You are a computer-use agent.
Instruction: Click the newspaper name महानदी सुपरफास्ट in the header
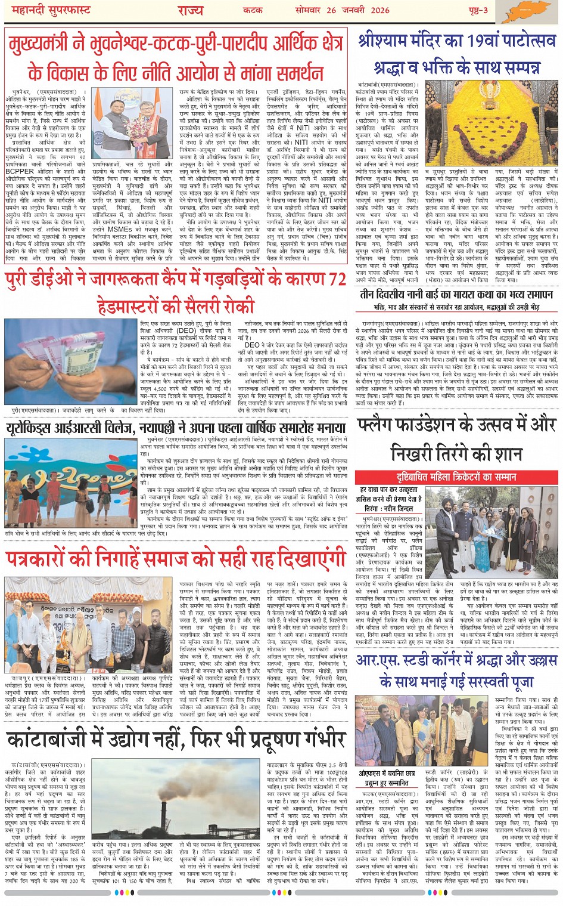pos(47,10)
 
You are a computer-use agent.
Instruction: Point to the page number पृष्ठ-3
pos(477,10)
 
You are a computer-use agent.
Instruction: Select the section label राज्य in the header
pos(191,10)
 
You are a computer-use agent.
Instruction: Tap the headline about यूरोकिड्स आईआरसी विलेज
pos(176,428)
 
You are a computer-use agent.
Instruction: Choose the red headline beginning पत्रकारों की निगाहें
pos(176,558)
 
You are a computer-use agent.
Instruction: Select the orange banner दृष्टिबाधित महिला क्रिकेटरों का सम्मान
pos(456,477)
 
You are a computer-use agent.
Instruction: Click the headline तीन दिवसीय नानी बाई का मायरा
pos(456,295)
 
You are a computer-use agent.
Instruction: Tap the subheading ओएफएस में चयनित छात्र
pos(387,773)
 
